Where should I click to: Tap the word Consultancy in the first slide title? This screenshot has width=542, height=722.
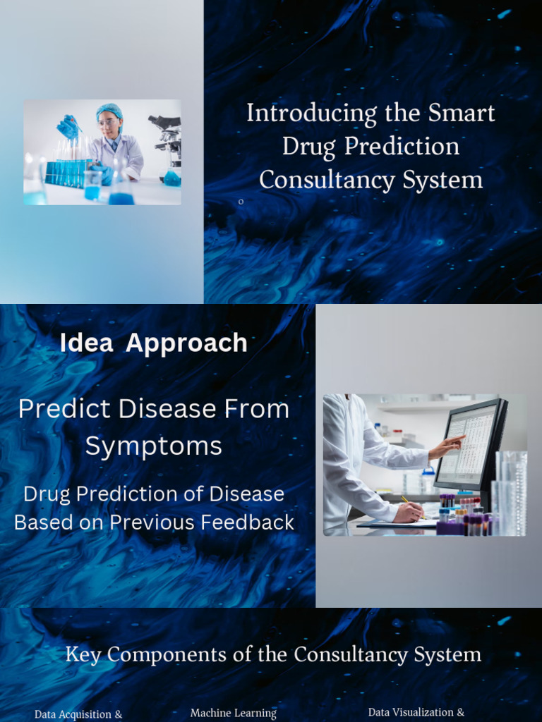(x=316, y=180)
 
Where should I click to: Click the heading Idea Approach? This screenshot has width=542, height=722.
(x=153, y=343)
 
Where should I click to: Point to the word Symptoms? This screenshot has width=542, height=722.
(x=153, y=446)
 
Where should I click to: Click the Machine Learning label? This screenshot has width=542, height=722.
(x=233, y=713)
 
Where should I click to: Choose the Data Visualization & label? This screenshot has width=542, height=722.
(x=416, y=712)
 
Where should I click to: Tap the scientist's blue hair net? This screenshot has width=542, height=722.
(x=109, y=111)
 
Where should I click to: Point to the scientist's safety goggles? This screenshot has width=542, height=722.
(x=107, y=123)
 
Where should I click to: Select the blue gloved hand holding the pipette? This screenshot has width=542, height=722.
(x=68, y=127)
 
